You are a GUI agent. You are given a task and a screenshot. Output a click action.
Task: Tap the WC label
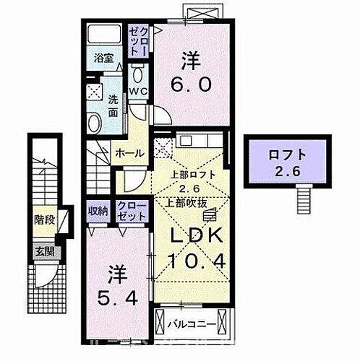point(139,91)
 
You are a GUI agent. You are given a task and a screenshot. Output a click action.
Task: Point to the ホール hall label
point(129,152)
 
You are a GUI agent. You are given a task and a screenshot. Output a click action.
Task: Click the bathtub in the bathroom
point(106,35)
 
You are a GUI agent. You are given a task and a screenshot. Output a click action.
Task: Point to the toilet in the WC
point(140,74)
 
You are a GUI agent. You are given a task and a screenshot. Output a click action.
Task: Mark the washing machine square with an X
point(95,91)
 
